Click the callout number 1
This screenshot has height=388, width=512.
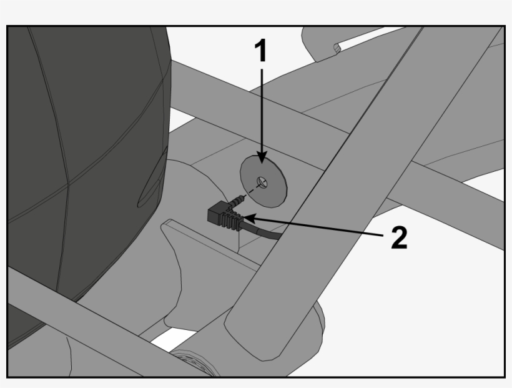click(261, 50)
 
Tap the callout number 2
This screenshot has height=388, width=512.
click(399, 237)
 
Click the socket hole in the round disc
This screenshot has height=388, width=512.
click(262, 182)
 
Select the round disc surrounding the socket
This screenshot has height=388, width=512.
click(263, 181)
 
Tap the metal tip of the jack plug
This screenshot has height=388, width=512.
click(238, 200)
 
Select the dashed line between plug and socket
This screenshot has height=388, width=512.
click(252, 191)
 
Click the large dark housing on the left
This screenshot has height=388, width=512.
click(82, 164)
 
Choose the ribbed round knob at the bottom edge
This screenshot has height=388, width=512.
click(193, 363)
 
